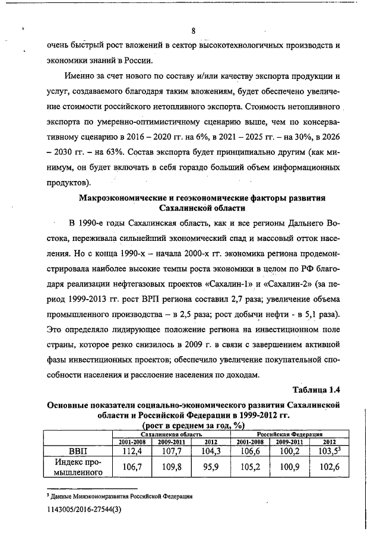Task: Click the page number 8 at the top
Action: [194, 31]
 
